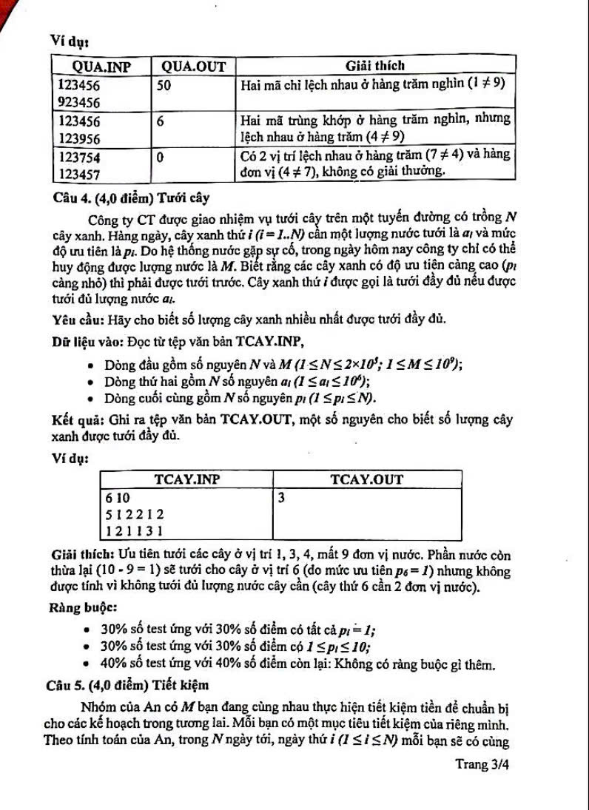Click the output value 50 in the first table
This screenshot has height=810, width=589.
coord(164,85)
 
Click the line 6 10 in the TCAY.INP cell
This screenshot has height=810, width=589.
coord(118,497)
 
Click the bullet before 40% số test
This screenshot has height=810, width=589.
coord(88,664)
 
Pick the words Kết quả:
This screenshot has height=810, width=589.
coord(76,421)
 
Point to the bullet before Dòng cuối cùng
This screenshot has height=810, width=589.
coord(90,399)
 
